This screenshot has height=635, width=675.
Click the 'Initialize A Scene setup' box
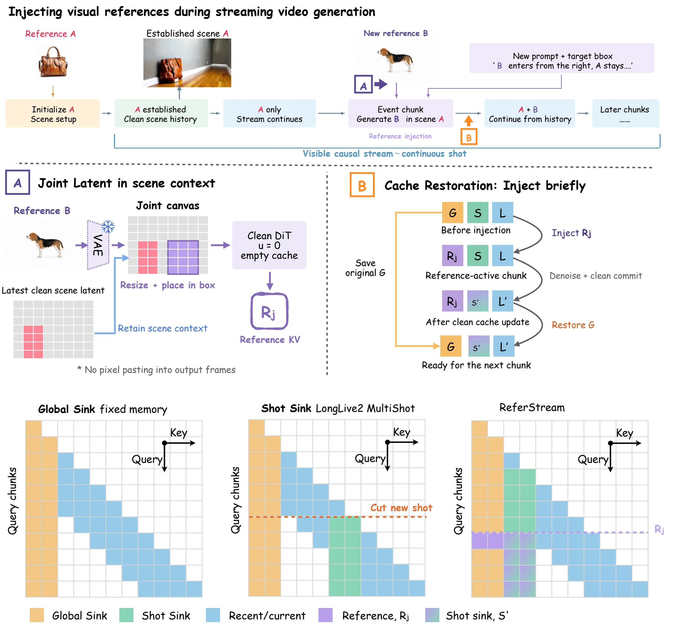(x=53, y=114)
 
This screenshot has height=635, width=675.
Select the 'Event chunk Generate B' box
(x=400, y=114)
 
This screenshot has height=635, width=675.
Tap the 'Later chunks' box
(x=625, y=114)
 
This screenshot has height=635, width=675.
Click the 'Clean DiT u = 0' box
(x=269, y=245)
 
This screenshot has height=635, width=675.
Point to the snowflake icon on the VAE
(x=108, y=227)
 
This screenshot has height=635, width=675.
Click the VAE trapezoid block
(x=98, y=245)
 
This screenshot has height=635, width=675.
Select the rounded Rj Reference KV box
(x=270, y=311)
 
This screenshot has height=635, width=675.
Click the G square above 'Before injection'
(x=453, y=213)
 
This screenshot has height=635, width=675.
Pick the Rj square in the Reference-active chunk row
(x=453, y=256)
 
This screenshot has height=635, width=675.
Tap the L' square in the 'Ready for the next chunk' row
(x=504, y=346)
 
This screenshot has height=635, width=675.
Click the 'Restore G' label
(x=573, y=325)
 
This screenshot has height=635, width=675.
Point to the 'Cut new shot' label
(x=401, y=508)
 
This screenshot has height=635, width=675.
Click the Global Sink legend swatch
(x=37, y=615)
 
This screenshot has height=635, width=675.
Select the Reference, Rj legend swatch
(x=325, y=615)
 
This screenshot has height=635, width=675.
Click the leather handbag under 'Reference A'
(x=53, y=62)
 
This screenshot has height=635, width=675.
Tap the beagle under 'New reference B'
(x=395, y=60)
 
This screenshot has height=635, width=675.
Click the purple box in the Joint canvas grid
(x=183, y=257)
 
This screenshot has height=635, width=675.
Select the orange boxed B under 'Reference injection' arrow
(x=469, y=137)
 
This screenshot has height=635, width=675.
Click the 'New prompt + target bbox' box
(x=561, y=58)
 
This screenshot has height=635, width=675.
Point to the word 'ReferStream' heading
(x=532, y=408)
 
